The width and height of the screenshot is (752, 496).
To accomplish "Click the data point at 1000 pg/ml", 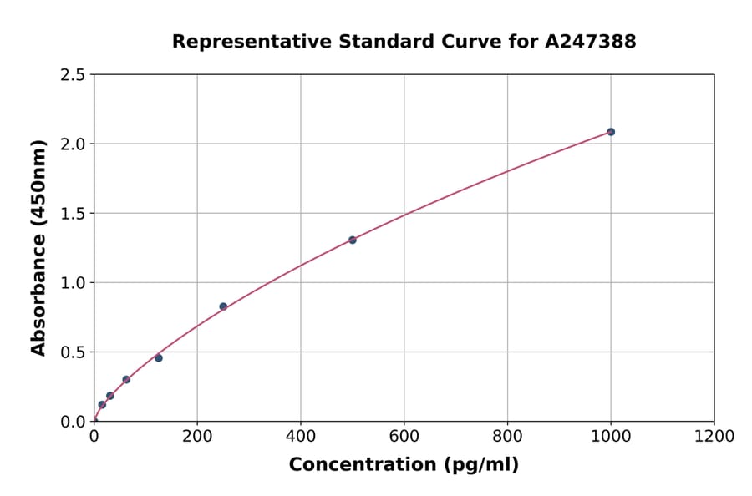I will click(x=611, y=132).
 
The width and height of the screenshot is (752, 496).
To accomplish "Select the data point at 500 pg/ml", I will click(x=353, y=240).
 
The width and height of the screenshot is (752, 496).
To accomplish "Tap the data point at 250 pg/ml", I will click(x=223, y=306).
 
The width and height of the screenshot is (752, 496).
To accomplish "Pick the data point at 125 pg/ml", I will click(x=159, y=358).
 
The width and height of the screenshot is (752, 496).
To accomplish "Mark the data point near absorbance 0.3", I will click(x=126, y=379).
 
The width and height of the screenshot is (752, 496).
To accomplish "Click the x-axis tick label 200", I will click(x=197, y=436).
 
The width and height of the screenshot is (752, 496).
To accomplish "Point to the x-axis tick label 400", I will click(x=301, y=436).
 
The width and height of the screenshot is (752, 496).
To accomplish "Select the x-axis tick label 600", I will click(x=404, y=436).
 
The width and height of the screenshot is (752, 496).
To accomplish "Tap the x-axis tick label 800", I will click(x=507, y=436).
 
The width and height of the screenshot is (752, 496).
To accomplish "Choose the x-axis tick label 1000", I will click(x=611, y=436).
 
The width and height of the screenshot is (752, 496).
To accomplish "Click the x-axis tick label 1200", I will click(x=714, y=436).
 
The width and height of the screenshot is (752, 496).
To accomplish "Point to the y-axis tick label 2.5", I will click(x=73, y=75).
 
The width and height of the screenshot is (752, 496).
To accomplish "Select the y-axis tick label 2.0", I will click(x=73, y=144).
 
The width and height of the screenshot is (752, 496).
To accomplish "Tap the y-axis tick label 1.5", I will click(x=73, y=214).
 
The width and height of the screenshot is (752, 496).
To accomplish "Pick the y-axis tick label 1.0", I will click(x=73, y=283).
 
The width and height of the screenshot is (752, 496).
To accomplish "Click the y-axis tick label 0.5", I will click(x=73, y=352).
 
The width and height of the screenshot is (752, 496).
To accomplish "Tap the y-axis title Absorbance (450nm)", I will click(x=38, y=247).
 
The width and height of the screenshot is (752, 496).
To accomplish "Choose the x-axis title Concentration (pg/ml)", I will click(x=404, y=465).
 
